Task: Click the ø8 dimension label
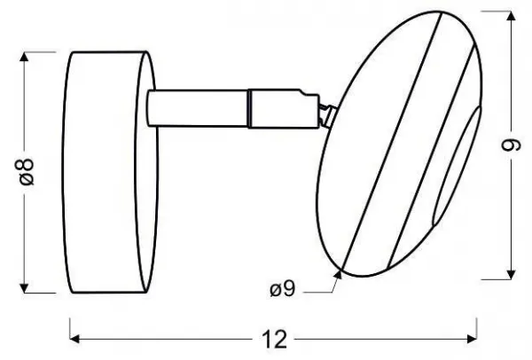pos(27,172)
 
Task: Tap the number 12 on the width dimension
pos(274,339)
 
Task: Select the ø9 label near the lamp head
pos(283,289)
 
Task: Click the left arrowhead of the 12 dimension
pos(74,339)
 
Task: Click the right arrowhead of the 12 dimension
pos(472,339)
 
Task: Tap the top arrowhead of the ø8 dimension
pos(24,57)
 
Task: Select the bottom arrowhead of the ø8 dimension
pos(24,287)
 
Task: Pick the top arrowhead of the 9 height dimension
pos(511,16)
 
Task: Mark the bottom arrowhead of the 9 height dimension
pos(511,275)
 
